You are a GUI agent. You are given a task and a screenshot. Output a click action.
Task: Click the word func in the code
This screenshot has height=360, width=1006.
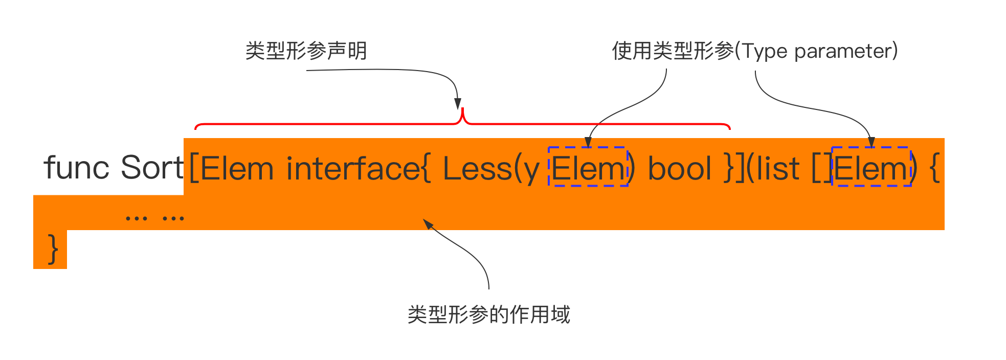[x=76, y=167]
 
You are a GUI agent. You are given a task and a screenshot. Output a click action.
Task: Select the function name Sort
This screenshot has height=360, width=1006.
[x=152, y=167]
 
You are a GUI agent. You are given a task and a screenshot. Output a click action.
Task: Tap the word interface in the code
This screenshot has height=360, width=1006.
[x=353, y=168]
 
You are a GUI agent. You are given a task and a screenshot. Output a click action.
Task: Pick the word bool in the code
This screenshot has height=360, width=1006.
[x=680, y=168]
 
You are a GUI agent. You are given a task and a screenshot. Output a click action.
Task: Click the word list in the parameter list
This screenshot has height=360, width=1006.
[x=778, y=168]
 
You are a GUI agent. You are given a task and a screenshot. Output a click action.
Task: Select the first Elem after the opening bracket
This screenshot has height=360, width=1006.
[x=237, y=168]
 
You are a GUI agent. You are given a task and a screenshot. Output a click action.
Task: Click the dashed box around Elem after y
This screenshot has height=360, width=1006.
[x=588, y=147]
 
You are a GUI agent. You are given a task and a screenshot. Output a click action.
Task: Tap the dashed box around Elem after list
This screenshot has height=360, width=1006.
[x=871, y=147]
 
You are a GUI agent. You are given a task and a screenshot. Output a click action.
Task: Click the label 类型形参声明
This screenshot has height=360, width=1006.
[x=306, y=51]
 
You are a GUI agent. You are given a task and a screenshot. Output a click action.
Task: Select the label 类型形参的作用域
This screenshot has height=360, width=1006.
[x=488, y=314]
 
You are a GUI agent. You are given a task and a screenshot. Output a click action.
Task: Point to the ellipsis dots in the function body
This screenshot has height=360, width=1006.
[x=154, y=218]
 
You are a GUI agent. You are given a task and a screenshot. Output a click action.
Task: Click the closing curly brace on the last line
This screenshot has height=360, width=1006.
[x=52, y=249]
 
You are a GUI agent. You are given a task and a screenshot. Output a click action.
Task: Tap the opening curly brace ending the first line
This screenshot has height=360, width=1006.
[x=934, y=168]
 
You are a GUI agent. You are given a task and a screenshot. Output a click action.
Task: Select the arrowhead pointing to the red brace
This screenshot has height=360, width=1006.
[x=458, y=104]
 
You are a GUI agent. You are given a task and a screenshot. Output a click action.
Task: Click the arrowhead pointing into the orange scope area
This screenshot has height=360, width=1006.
[x=428, y=224]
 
